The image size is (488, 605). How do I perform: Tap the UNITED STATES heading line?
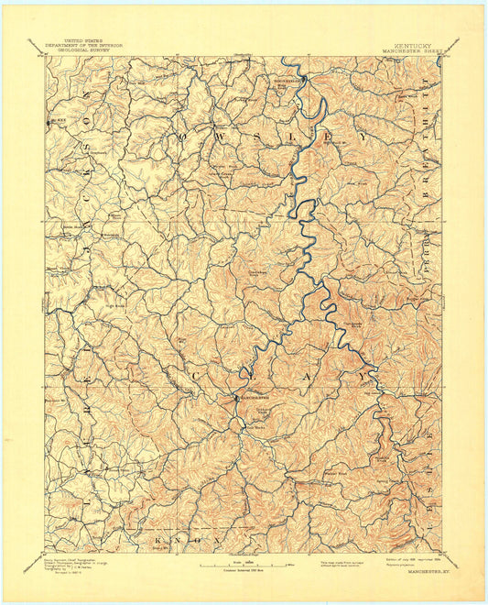point(80,40)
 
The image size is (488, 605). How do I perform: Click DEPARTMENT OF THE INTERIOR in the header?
point(80,45)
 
